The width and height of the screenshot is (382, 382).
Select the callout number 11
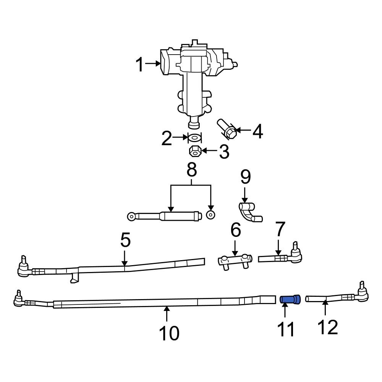coord(286,329)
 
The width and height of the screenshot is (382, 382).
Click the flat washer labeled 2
coord(194,138)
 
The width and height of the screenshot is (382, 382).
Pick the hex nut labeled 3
coord(195,151)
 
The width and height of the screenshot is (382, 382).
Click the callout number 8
coord(191,170)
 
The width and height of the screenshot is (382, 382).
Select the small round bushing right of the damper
coord(210,215)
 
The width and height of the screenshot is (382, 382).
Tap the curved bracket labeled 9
coord(250,212)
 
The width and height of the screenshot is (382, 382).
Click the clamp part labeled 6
coord(235,262)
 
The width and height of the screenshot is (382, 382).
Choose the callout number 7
coord(280,230)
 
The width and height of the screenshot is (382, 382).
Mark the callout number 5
coord(125,240)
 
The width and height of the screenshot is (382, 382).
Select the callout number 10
coord(168,333)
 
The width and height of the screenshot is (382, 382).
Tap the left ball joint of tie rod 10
coord(18,301)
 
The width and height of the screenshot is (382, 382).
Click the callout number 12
coord(327,327)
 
